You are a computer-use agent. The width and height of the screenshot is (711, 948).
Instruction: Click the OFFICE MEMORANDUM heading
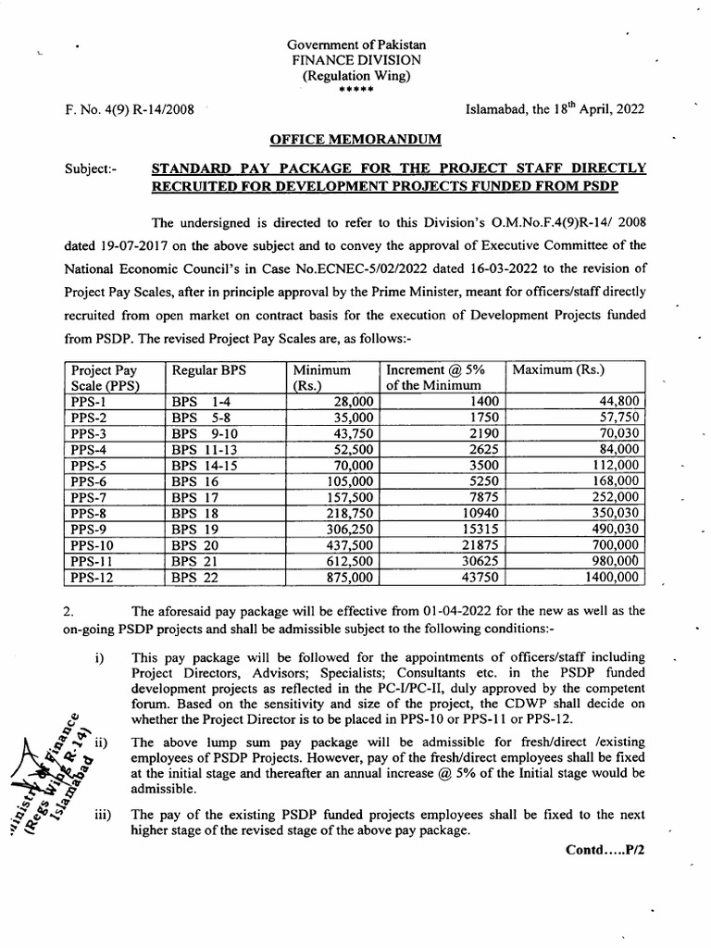coord(355,139)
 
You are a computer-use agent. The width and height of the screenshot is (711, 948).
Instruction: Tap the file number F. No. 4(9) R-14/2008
coord(131,108)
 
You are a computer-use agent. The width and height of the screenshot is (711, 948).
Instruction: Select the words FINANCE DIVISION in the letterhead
coord(355,59)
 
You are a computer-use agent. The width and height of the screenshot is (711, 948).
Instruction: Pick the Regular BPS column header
coord(206,369)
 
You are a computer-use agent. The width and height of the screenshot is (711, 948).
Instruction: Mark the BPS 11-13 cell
coord(204,449)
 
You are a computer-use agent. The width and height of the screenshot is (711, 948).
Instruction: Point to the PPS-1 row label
coord(90,401)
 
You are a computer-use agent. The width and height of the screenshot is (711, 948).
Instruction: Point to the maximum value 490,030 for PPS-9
coord(611,530)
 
